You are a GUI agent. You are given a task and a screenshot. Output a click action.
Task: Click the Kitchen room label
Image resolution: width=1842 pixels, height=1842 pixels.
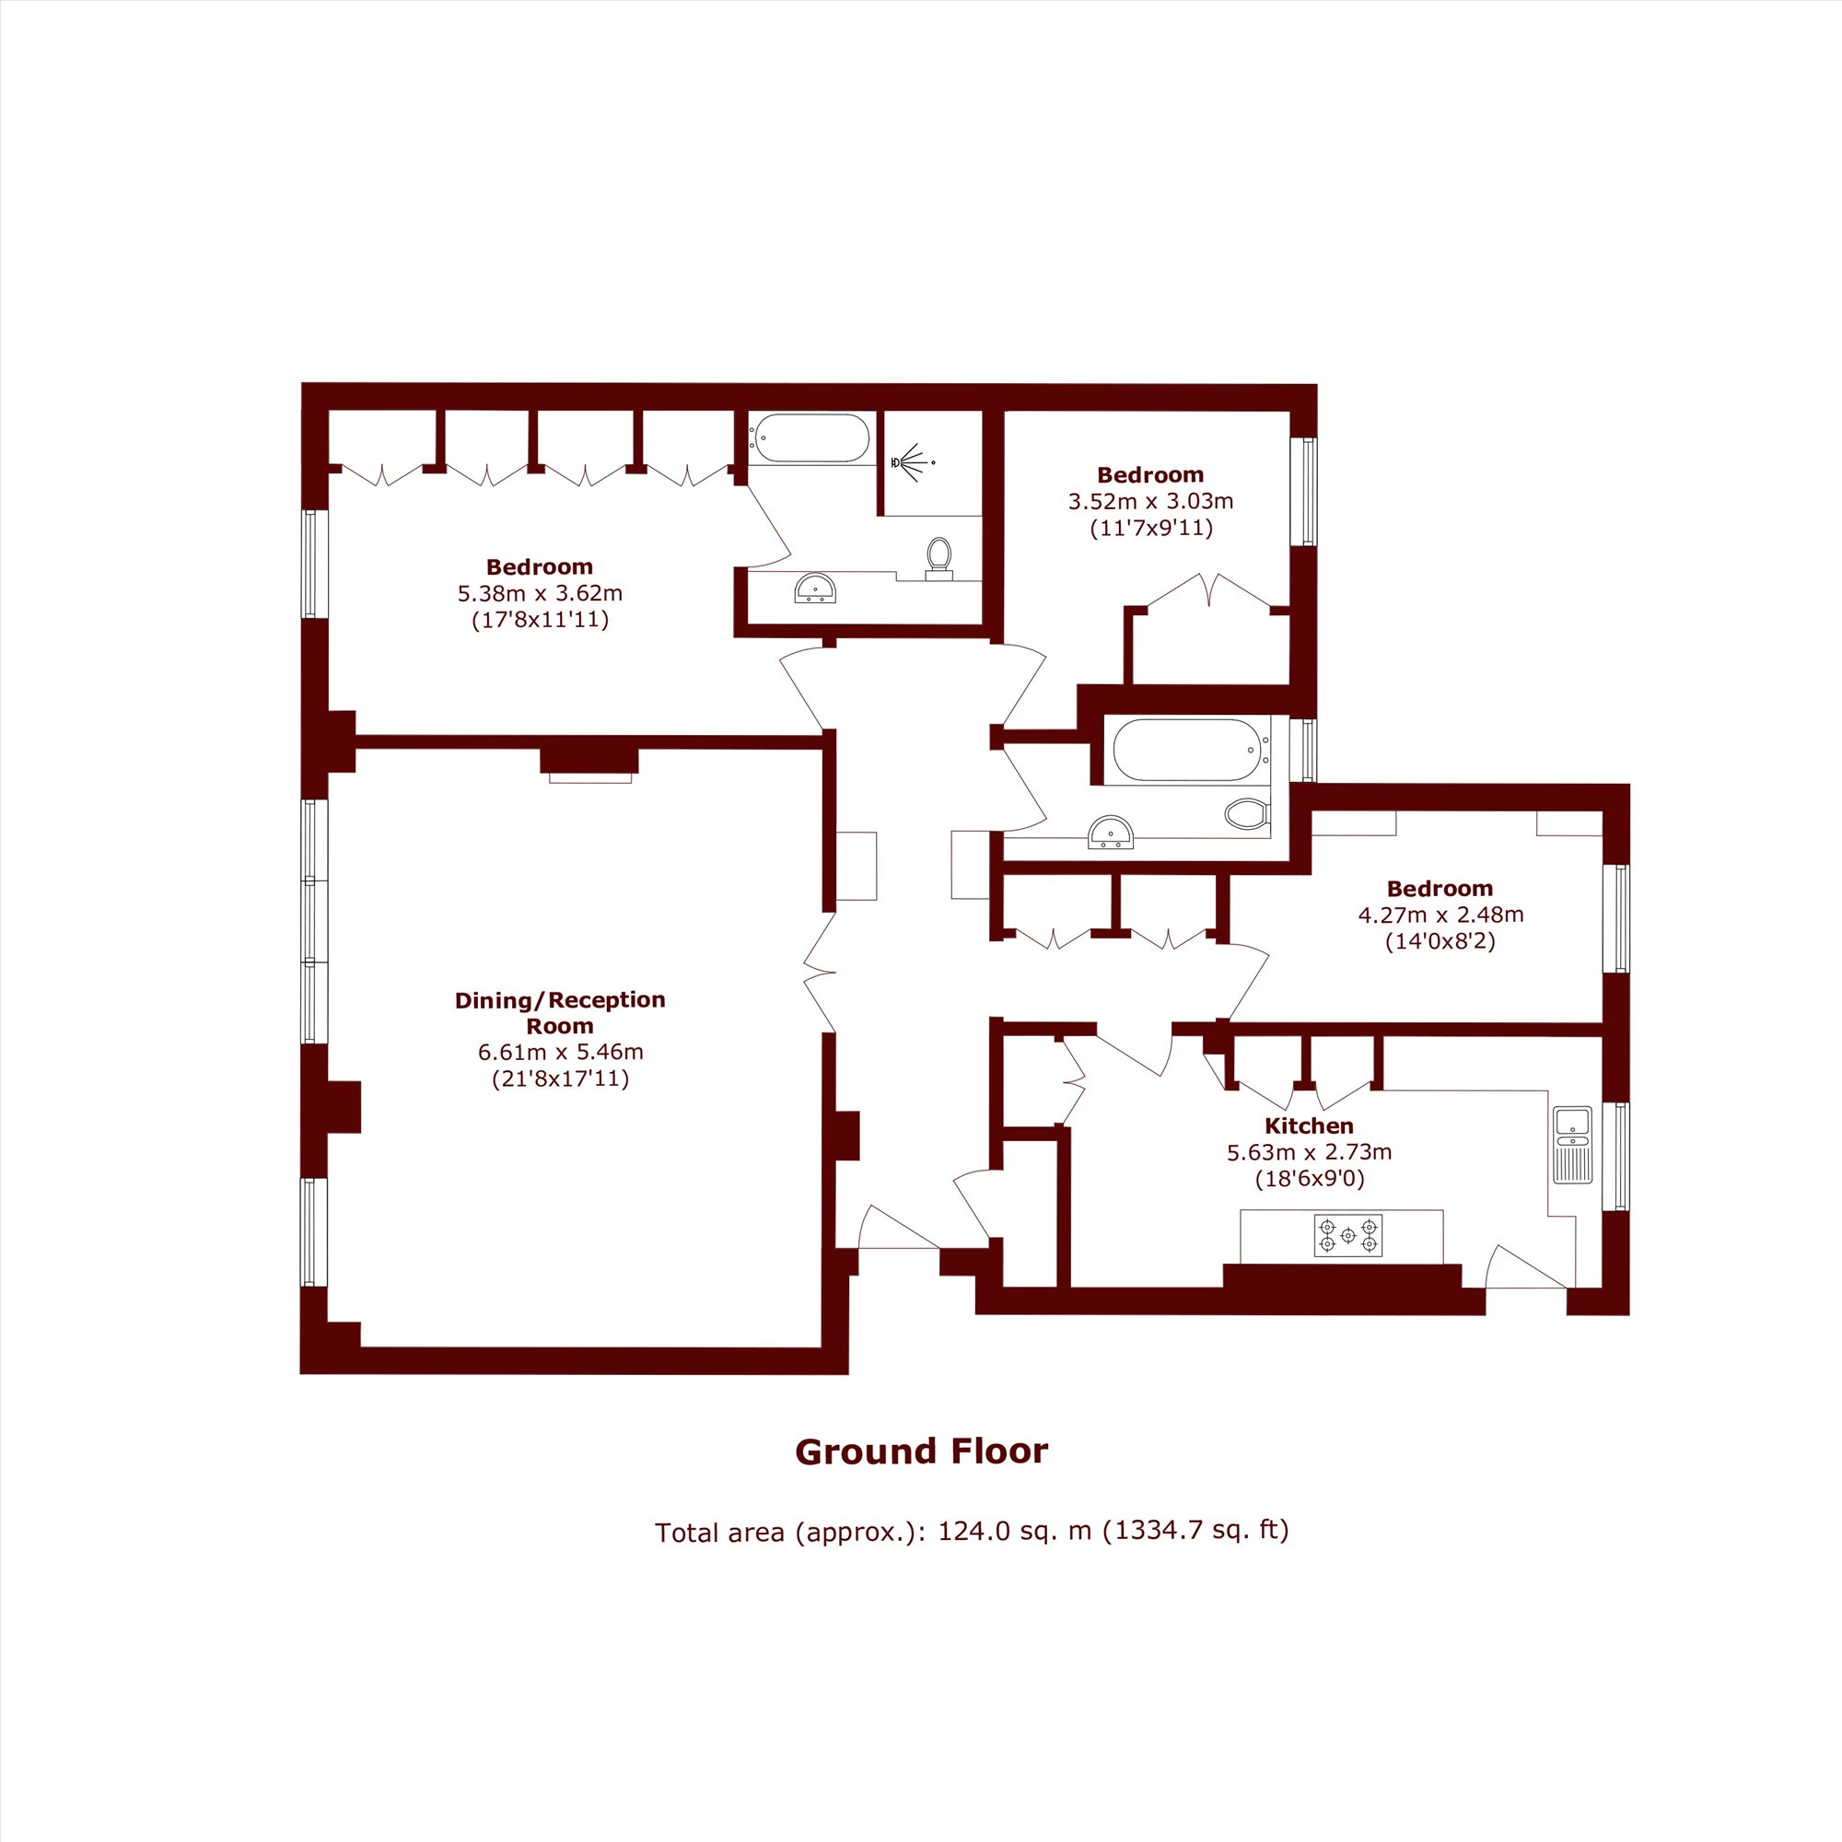tap(1308, 1126)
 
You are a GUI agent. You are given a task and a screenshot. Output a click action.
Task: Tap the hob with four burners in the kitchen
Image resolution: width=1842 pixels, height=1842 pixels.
tap(1347, 1236)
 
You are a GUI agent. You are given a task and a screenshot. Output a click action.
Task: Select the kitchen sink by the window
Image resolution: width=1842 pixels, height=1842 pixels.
tap(1571, 1144)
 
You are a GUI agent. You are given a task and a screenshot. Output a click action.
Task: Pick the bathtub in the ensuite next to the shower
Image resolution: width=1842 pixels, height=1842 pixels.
tap(810, 437)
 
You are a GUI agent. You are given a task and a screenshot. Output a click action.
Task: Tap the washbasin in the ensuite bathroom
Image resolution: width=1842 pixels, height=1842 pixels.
tap(815, 589)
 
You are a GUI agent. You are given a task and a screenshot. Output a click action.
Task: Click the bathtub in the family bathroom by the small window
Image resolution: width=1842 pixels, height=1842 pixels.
tap(1187, 751)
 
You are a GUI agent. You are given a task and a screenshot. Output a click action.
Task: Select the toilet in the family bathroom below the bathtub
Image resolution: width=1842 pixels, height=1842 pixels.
tap(1247, 813)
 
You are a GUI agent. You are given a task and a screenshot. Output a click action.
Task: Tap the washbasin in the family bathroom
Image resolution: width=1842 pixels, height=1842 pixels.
tap(1111, 832)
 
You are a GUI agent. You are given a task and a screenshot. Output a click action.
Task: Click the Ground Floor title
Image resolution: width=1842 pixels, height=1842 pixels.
tap(921, 1451)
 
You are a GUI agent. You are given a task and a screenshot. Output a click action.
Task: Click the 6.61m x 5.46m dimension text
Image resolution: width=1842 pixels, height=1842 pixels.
tap(561, 1053)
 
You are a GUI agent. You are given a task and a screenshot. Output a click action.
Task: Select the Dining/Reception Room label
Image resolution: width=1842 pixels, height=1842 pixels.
tap(560, 1012)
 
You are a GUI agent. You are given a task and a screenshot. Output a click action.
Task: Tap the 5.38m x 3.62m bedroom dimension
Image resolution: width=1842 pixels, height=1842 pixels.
tap(540, 593)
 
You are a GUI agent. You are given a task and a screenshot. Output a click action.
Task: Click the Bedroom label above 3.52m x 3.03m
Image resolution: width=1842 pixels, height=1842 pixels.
tap(1149, 475)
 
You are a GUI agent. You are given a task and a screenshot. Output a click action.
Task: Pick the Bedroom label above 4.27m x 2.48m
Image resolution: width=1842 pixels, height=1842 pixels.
tap(1440, 889)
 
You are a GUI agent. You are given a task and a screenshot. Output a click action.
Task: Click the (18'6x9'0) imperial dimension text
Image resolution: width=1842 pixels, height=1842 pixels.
tap(1309, 1180)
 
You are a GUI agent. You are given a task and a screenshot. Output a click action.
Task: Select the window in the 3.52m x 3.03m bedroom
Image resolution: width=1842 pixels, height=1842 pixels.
tap(1303, 492)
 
